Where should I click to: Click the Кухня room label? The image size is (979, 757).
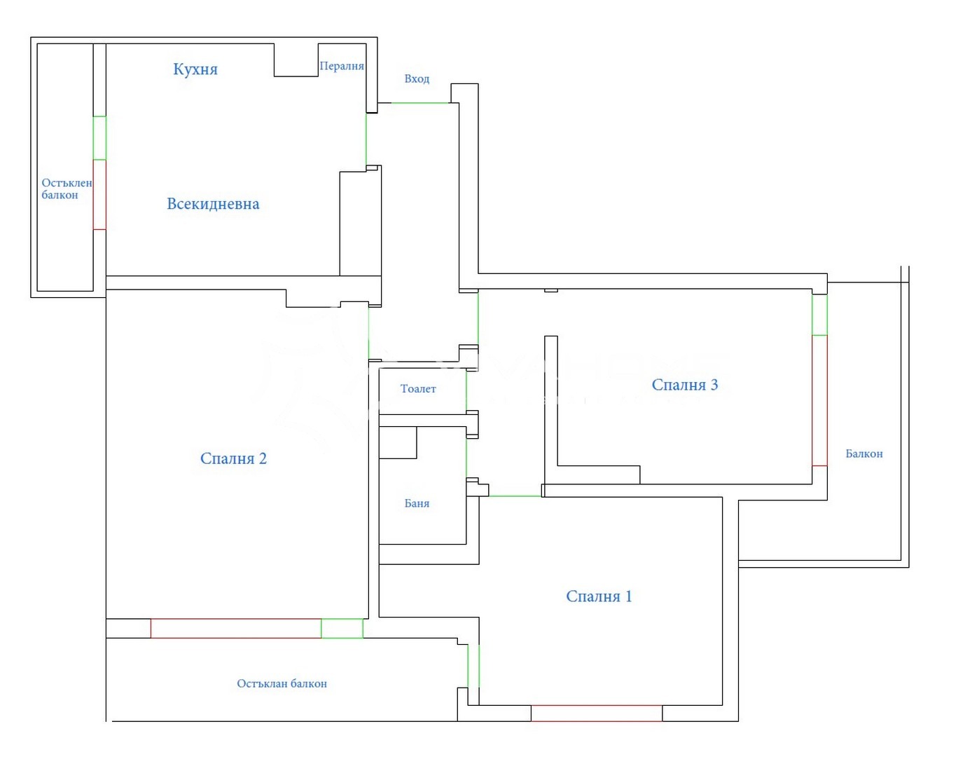pos(195,69)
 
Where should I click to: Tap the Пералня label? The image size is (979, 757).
pos(342,66)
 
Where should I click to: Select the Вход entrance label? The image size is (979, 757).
pos(417,79)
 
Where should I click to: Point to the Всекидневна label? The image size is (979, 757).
pos(213,204)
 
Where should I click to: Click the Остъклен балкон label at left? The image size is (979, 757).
pos(66,189)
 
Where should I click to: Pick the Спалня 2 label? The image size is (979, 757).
pos(233,458)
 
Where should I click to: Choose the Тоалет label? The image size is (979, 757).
pos(418,388)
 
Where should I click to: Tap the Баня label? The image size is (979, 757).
pos(417,503)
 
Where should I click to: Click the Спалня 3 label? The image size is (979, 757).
pos(684,385)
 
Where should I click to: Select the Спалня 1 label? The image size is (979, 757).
pos(599,596)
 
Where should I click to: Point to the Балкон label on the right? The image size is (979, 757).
pos(863,453)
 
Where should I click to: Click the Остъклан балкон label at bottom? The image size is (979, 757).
pos(282,683)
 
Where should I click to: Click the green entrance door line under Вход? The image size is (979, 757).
pos(419,103)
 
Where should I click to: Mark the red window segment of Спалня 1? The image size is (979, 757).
pos(597,713)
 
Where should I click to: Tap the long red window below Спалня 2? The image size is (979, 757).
pos(236,628)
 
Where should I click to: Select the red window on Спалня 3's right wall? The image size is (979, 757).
pos(819,400)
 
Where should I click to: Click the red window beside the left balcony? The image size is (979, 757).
pos(99,194)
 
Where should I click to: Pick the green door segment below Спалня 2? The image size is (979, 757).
pos(342,628)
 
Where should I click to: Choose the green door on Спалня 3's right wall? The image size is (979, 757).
pos(819,315)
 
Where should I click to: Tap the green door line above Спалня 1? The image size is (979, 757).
pos(515,496)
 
